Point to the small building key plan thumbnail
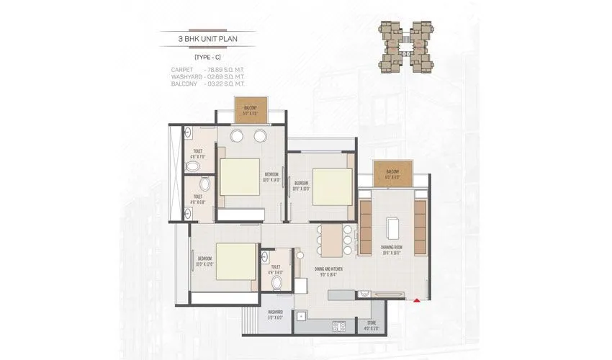pyautogui.click(x=405, y=45)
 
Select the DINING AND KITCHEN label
pyautogui.click(x=328, y=269)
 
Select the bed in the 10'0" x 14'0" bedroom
pyautogui.click(x=239, y=176)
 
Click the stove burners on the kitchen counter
pyautogui.click(x=338, y=325)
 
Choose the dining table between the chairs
pyautogui.click(x=331, y=240)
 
